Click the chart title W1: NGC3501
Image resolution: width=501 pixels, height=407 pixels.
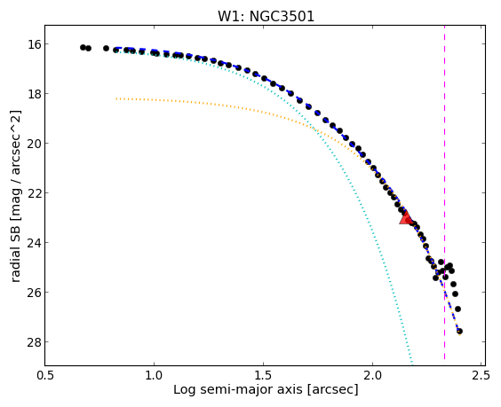(266, 16)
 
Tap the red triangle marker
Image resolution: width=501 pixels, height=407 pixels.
(406, 217)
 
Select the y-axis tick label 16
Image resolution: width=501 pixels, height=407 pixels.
(33, 44)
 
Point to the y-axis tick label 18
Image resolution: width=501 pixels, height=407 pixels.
(33, 93)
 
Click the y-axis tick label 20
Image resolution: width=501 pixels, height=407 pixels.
(33, 144)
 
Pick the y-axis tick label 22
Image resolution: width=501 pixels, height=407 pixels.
(33, 193)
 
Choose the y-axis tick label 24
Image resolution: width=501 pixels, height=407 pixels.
(33, 242)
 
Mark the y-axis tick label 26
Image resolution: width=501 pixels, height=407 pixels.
(33, 293)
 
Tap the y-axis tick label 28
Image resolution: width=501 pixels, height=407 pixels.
(33, 342)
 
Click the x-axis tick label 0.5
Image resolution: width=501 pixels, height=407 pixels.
(45, 376)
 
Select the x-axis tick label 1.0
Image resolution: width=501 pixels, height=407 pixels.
(154, 376)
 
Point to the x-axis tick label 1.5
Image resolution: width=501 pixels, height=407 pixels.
(263, 376)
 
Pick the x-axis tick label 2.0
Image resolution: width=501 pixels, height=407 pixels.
(372, 376)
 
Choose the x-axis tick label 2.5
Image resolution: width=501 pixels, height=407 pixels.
(481, 376)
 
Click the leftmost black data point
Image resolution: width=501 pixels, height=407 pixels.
(83, 48)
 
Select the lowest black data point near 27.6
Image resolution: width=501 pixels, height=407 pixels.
(459, 332)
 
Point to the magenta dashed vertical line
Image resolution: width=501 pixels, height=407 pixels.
(444, 195)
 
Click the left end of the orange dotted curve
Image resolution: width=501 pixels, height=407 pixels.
(116, 98)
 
